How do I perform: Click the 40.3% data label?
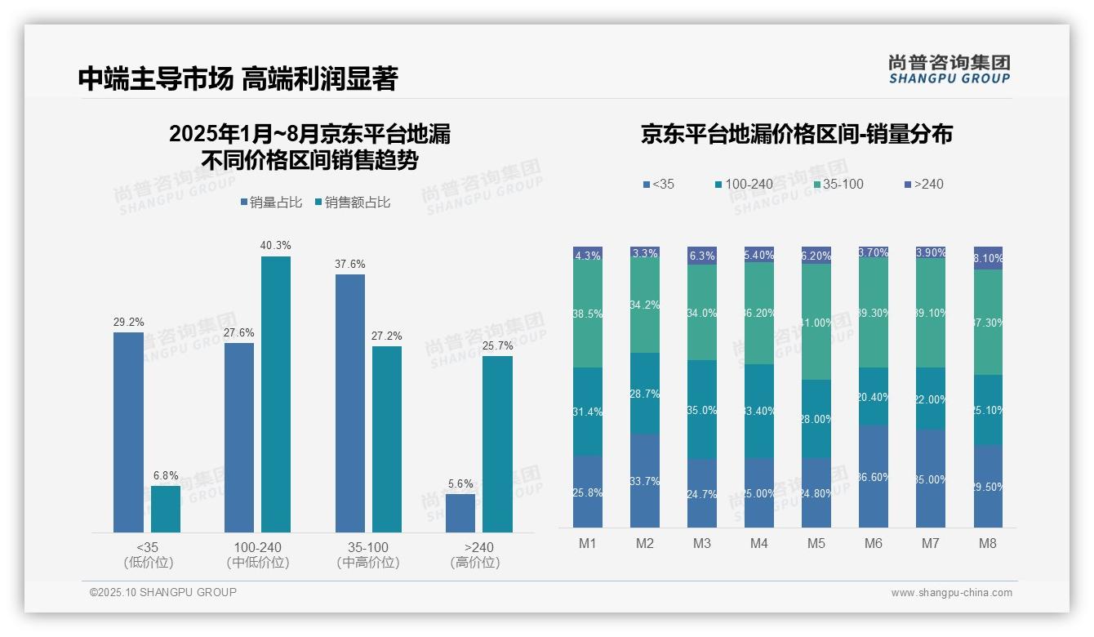coord(275,245)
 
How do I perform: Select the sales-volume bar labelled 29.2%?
coord(128,432)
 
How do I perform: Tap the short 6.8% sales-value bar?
coord(166,509)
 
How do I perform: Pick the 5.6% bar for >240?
coord(460,513)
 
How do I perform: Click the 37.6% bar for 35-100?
coord(350,403)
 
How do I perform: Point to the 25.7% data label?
coord(497,345)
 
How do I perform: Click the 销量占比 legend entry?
coord(273,203)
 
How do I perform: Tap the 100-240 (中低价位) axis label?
coord(258,555)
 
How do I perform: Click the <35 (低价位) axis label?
coord(148,555)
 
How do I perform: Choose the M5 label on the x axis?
coord(816,543)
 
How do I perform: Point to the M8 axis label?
coord(987,543)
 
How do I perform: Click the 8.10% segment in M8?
coord(988,258)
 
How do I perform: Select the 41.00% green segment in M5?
coord(816,322)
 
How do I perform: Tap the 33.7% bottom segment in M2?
coord(645,481)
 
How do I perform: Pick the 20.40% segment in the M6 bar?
coord(874,396)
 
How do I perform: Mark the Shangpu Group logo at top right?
coord(949,69)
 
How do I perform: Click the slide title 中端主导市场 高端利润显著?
coord(238,78)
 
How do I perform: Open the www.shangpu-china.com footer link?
coord(951,593)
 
